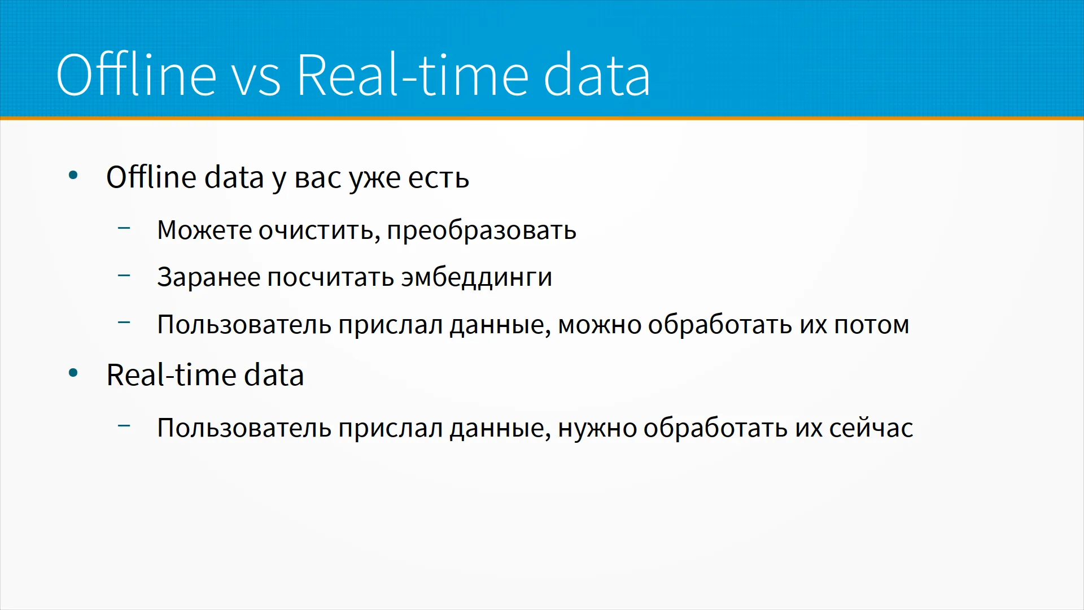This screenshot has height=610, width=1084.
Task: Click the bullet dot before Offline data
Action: tap(73, 176)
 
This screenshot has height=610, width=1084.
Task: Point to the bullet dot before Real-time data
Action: tap(73, 373)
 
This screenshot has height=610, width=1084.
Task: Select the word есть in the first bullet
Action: tap(439, 178)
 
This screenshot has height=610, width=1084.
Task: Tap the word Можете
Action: tap(204, 230)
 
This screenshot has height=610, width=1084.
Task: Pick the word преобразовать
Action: tap(482, 231)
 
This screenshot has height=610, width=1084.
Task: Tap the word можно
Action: tap(600, 325)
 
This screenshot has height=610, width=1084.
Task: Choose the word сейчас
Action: tap(871, 428)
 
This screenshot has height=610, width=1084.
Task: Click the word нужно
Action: tap(597, 429)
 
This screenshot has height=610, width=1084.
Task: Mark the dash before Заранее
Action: tap(124, 276)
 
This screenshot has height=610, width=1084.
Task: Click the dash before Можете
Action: tap(124, 228)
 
